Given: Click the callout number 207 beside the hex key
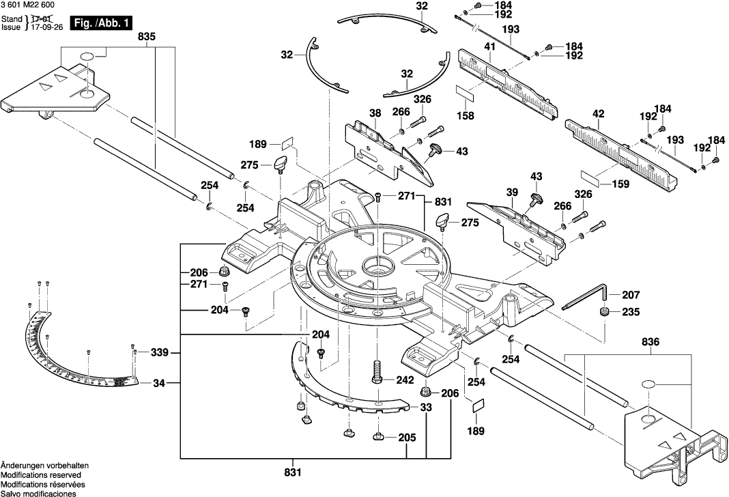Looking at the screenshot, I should tap(631, 295).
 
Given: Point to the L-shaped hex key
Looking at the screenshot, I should tap(588, 300).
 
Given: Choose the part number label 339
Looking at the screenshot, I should tap(159, 353).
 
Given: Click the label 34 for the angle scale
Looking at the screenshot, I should tap(159, 383).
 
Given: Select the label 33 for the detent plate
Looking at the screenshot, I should tap(426, 408).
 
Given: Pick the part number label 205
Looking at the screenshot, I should tap(406, 438).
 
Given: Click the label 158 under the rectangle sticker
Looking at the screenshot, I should tap(466, 116).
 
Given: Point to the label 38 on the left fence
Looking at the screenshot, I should tap(375, 113).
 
